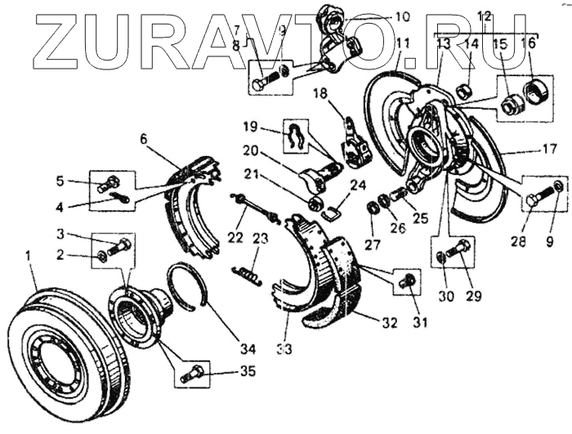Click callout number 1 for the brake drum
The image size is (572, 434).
29,257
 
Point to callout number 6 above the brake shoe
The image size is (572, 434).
145,140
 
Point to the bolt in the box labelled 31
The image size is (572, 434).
405,281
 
